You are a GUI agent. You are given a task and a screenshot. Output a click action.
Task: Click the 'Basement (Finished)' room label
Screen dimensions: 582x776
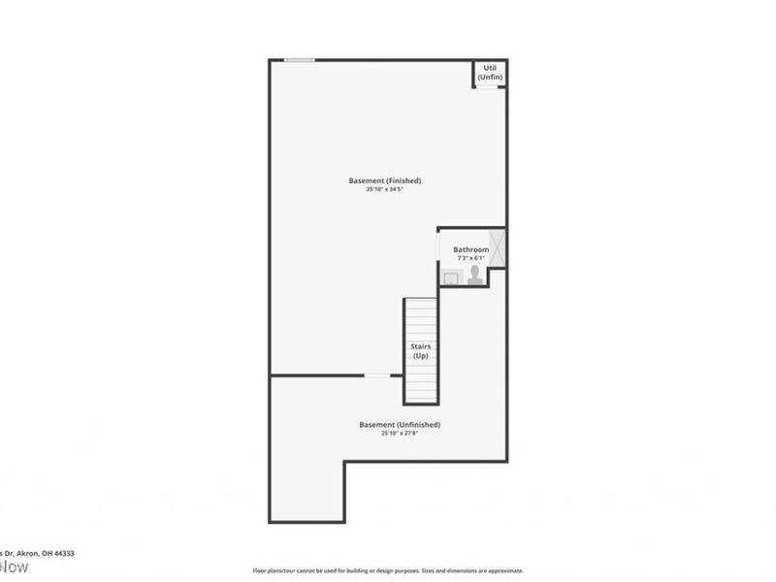coord(384,180)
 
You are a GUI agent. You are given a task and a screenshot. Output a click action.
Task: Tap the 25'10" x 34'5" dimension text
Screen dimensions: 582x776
coord(384,189)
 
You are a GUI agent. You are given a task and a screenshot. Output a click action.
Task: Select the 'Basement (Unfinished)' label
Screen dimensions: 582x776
coord(400,425)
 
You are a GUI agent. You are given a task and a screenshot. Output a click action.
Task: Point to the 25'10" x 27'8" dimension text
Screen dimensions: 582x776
coord(400,434)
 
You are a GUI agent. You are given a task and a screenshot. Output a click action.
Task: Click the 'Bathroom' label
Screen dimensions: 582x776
coord(470,249)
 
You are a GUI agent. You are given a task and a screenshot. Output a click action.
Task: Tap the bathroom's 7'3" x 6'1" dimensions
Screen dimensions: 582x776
coord(470,258)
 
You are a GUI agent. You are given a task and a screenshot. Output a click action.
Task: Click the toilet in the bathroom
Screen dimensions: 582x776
coord(474,276)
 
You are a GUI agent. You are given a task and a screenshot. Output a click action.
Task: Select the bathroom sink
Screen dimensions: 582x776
coord(451,278)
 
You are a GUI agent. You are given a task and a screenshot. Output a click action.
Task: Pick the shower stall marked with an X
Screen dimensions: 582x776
coord(496,247)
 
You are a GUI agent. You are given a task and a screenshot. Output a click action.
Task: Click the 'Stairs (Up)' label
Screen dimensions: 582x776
coord(421,351)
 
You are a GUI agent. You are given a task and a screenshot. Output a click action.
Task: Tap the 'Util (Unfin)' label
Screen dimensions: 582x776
coord(490,73)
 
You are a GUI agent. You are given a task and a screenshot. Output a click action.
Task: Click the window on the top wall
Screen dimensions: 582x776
coord(300,60)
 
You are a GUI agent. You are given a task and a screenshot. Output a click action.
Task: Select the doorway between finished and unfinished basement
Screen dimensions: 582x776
coord(377,375)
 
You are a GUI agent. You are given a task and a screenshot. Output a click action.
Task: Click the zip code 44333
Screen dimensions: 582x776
coord(64,553)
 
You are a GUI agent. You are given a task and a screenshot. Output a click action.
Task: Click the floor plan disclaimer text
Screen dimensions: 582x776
coord(388,571)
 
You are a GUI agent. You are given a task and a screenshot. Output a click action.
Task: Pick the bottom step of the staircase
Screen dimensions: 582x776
coord(421,399)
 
